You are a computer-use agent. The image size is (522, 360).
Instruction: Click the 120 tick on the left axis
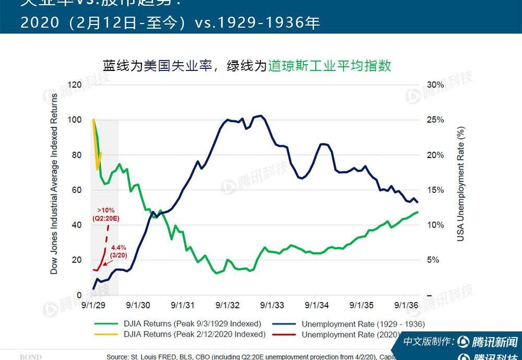(x=75, y=85)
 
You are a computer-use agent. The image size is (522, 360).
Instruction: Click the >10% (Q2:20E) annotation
(x=105, y=214)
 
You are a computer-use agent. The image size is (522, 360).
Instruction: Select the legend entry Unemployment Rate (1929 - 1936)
(x=362, y=324)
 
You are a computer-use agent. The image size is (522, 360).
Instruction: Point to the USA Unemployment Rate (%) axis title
(x=460, y=185)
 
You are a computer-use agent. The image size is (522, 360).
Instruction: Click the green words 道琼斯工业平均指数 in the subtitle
(x=329, y=65)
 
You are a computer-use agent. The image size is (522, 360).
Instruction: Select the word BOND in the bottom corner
(x=31, y=357)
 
